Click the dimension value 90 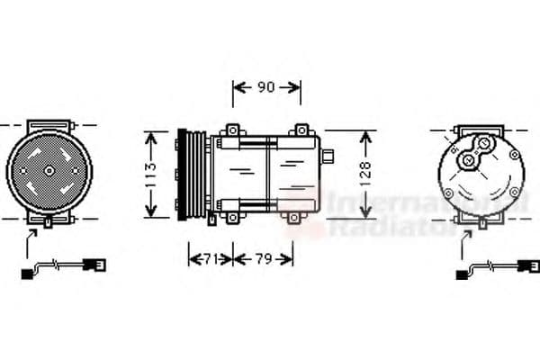[x=266, y=87]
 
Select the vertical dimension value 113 [x=150, y=175]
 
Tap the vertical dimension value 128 [x=365, y=174]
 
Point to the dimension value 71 [x=210, y=258]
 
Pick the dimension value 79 [x=264, y=258]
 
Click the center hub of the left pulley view [x=49, y=170]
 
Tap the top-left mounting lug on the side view [x=233, y=130]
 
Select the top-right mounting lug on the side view [x=301, y=130]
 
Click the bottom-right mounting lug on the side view [x=293, y=218]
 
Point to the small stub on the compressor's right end [x=328, y=156]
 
